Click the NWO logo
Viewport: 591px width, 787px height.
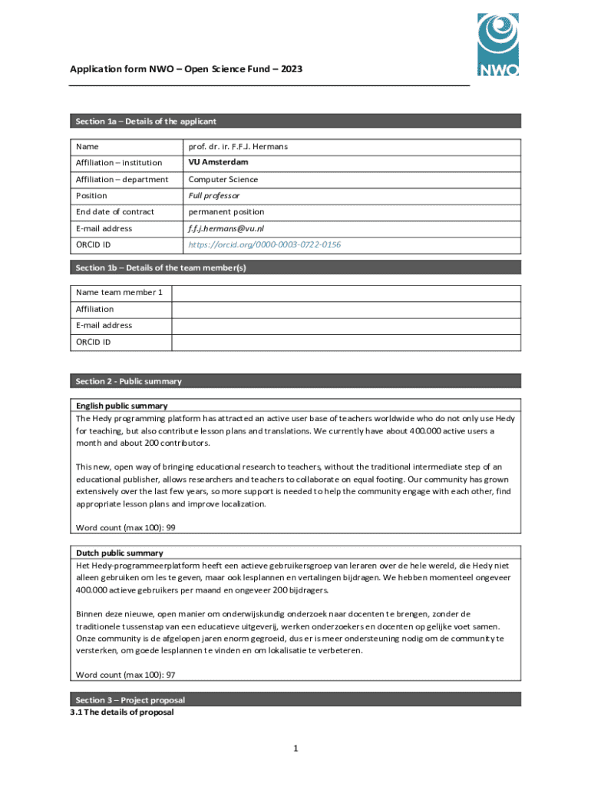(497, 45)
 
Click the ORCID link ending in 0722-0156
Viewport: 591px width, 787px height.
(265, 244)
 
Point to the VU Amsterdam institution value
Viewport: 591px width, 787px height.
(219, 163)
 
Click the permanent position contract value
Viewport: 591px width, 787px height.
(226, 212)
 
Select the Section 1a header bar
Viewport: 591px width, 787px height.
(295, 121)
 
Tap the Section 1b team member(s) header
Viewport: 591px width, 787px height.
(295, 267)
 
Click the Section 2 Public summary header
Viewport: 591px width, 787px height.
(295, 381)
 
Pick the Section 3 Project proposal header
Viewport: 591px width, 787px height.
(295, 700)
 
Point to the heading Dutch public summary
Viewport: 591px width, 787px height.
(120, 553)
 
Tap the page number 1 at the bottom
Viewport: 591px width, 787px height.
(295, 749)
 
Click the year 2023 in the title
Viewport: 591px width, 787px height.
(291, 69)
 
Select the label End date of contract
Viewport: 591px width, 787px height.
(114, 212)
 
